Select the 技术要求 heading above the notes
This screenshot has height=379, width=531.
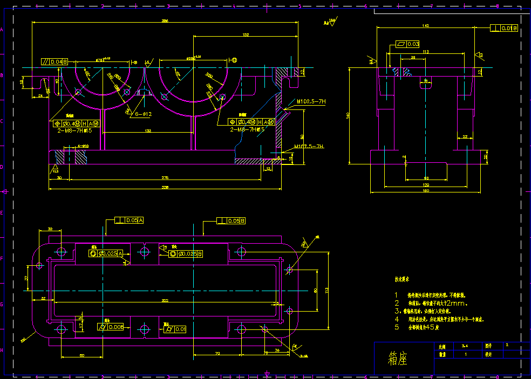[x=402, y=280]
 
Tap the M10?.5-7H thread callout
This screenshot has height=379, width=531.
[x=311, y=101]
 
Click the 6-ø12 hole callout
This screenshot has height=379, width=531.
[x=144, y=114]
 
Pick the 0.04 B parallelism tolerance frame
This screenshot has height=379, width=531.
[x=55, y=62]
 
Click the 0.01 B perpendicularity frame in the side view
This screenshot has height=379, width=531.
[x=504, y=28]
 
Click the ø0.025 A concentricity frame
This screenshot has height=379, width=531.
[x=106, y=253]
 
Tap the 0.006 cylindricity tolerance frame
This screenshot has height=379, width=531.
[x=111, y=327]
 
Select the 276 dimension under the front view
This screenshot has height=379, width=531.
[x=165, y=177]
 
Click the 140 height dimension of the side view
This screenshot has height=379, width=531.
[x=348, y=115]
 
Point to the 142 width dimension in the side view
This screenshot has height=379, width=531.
[x=426, y=26]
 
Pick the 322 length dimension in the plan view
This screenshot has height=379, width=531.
[x=165, y=300]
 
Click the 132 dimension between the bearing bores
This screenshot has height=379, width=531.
[x=147, y=130]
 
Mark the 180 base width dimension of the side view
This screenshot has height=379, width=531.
[x=426, y=190]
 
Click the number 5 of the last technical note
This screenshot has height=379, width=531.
[x=396, y=327]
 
